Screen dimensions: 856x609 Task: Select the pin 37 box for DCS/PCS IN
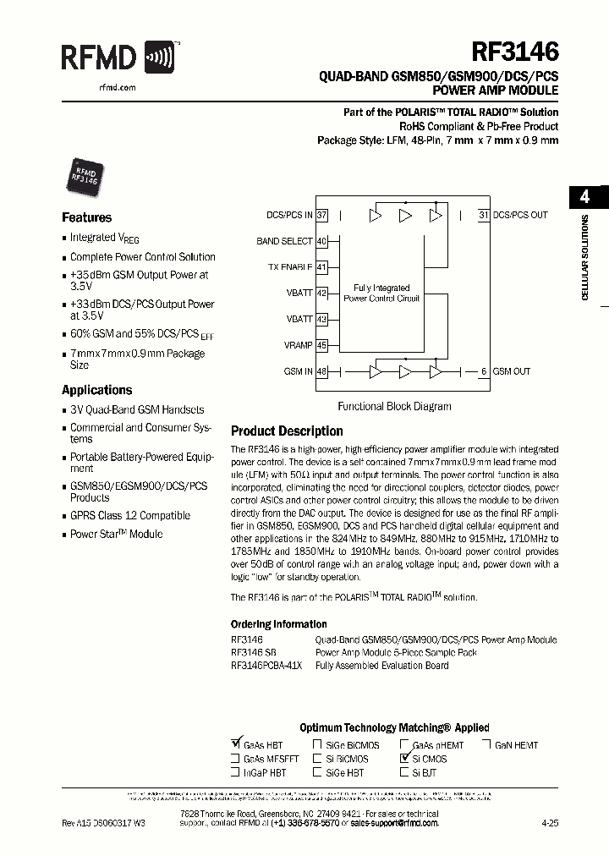(x=321, y=215)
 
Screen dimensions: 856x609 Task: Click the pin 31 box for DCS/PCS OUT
(x=484, y=215)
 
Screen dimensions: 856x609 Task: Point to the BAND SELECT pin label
(x=284, y=241)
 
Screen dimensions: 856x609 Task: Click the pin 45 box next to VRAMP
(x=321, y=345)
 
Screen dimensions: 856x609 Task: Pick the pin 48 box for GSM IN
(x=321, y=371)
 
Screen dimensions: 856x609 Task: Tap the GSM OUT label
(x=511, y=371)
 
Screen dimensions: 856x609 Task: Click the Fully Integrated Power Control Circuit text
(x=381, y=293)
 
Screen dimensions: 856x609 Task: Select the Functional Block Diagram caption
(x=394, y=406)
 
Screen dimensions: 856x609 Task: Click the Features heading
(x=86, y=217)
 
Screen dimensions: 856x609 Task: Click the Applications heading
(x=96, y=390)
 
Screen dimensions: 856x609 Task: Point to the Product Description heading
(x=287, y=431)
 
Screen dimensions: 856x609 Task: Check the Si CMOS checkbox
(x=404, y=759)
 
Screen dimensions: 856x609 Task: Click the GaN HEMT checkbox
(x=487, y=745)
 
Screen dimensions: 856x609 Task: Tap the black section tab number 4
(x=584, y=197)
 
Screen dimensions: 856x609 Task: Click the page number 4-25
(x=550, y=822)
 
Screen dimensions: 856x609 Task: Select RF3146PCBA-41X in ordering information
(x=266, y=666)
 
